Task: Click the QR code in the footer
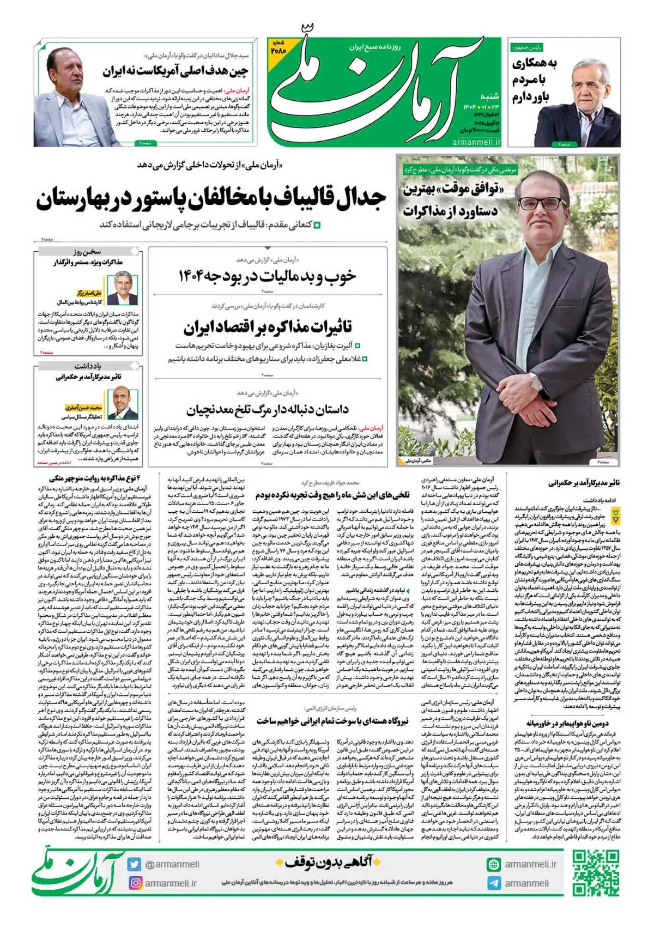[596, 873]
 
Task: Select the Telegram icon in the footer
[494, 883]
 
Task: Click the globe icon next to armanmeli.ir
[494, 864]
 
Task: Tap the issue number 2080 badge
[278, 47]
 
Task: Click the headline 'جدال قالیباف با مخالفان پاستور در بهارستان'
[211, 199]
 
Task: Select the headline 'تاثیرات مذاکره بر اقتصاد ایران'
[268, 327]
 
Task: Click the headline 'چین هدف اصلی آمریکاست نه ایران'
[175, 71]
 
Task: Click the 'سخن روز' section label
[87, 252]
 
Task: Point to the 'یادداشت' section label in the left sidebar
[87, 366]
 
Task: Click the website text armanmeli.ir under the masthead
[475, 142]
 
